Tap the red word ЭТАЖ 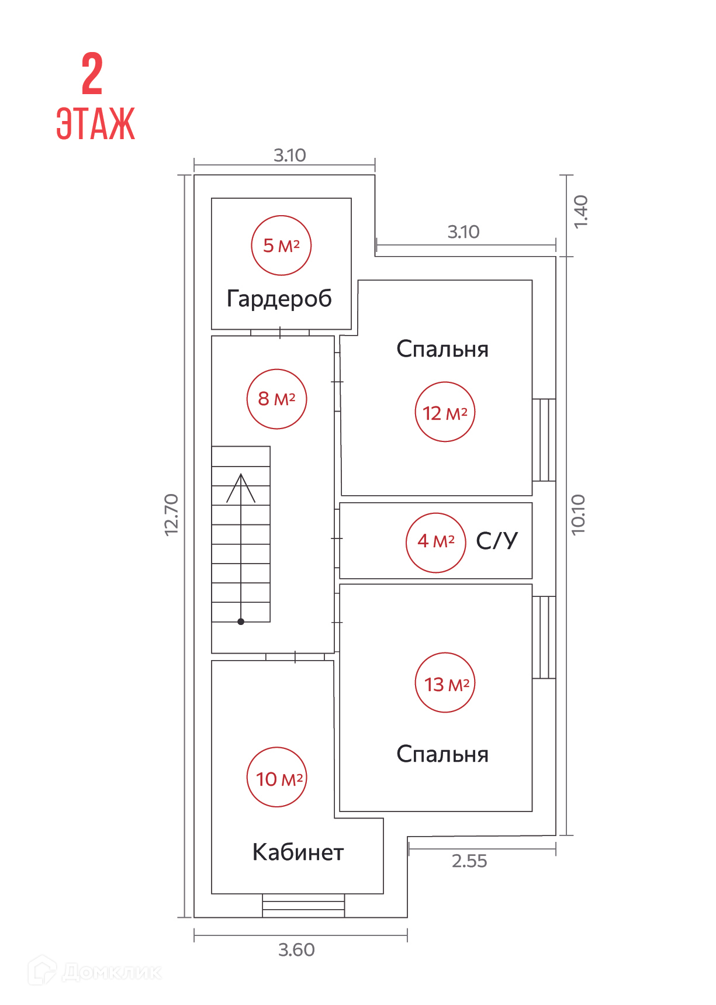click(x=95, y=123)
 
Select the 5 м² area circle click(x=281, y=246)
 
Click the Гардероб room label click(x=279, y=299)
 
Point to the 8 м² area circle click(x=277, y=399)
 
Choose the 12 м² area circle click(x=445, y=412)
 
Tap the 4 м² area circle click(x=436, y=542)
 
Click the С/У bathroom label click(x=497, y=541)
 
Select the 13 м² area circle click(x=445, y=683)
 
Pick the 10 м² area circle click(x=277, y=778)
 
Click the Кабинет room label click(x=298, y=852)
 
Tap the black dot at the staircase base click(x=241, y=621)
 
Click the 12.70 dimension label click(x=171, y=514)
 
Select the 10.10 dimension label click(x=578, y=514)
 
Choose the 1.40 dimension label click(x=580, y=212)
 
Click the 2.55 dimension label click(x=469, y=861)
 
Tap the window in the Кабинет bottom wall click(x=303, y=906)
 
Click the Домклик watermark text click(x=111, y=972)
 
